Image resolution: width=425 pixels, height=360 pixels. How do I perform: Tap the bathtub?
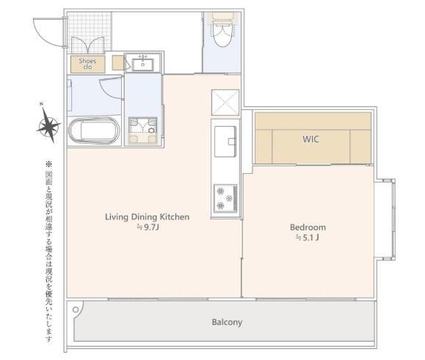[x=94, y=131]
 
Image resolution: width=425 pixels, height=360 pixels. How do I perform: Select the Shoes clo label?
[x=87, y=64]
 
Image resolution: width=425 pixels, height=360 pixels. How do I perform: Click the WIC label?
[x=310, y=139]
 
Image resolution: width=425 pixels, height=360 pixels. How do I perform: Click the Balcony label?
[x=227, y=322]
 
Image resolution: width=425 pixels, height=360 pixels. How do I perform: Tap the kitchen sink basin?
[x=225, y=142]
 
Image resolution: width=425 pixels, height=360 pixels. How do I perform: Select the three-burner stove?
[x=225, y=199]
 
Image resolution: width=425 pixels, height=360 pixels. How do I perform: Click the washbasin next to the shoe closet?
[x=142, y=64]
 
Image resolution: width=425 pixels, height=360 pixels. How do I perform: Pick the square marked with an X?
[x=225, y=103]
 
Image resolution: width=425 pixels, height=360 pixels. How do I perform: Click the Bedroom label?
[x=308, y=227]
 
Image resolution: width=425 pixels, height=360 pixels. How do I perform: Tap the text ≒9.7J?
[x=148, y=227]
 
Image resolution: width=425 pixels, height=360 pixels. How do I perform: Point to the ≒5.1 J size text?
[x=307, y=238]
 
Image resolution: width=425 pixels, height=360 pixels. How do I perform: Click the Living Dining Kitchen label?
[x=148, y=217]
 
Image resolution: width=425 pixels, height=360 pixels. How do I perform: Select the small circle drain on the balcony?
[x=76, y=309]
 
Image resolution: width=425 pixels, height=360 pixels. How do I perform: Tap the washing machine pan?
[x=143, y=130]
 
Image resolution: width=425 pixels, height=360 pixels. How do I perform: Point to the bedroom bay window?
[x=385, y=219]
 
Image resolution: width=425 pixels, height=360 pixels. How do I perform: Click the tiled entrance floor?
[x=89, y=32]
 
